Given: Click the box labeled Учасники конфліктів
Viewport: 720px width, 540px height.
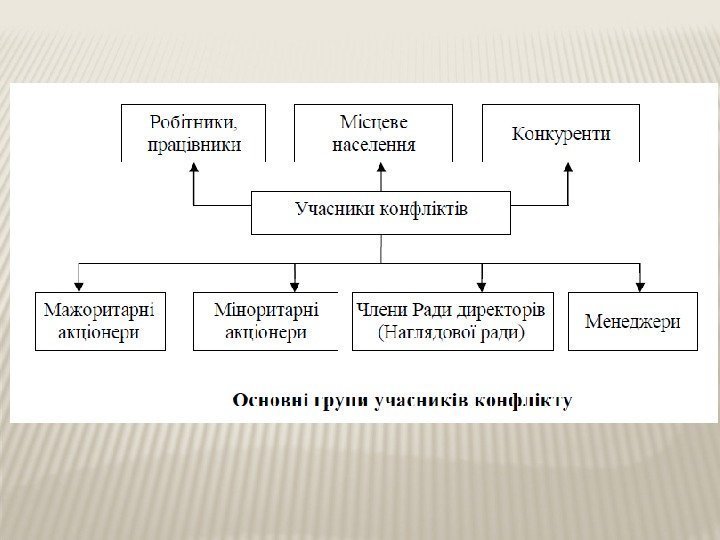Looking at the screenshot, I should [x=381, y=211].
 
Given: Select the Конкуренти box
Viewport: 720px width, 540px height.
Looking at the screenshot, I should [x=561, y=133].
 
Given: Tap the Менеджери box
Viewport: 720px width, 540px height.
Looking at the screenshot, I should [x=632, y=321].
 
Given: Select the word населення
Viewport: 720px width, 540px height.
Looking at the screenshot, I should [x=375, y=144].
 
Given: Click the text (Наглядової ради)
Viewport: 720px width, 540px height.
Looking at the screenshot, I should [x=452, y=333].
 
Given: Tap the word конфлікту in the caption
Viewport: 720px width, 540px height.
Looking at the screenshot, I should [x=527, y=402].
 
